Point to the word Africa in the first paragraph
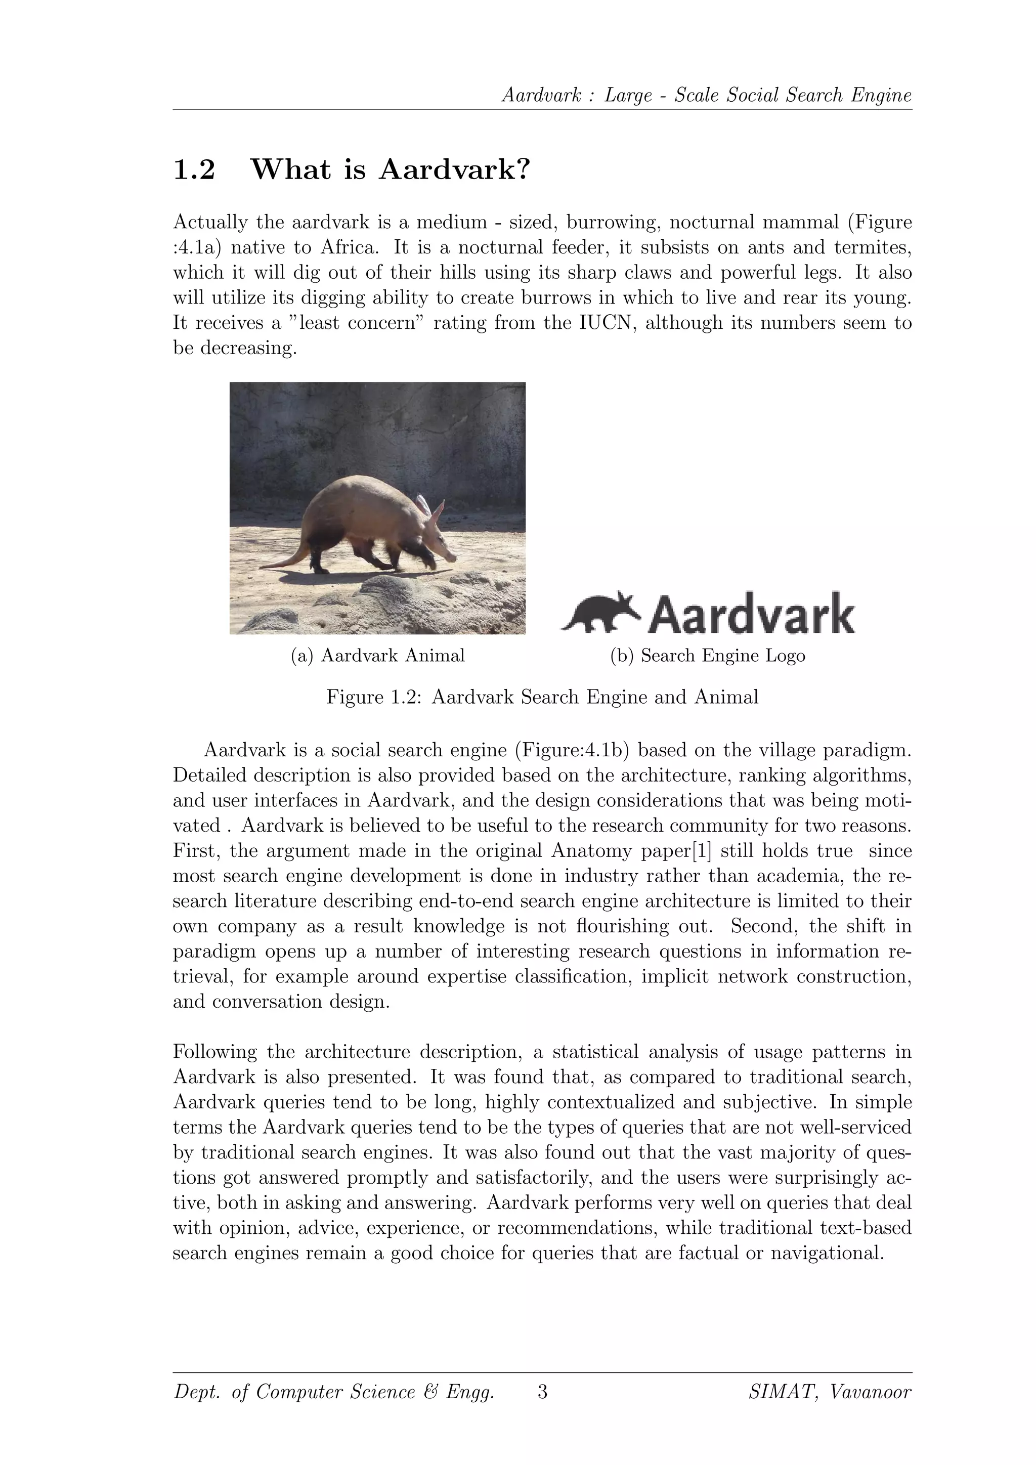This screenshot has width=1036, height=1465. [350, 247]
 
